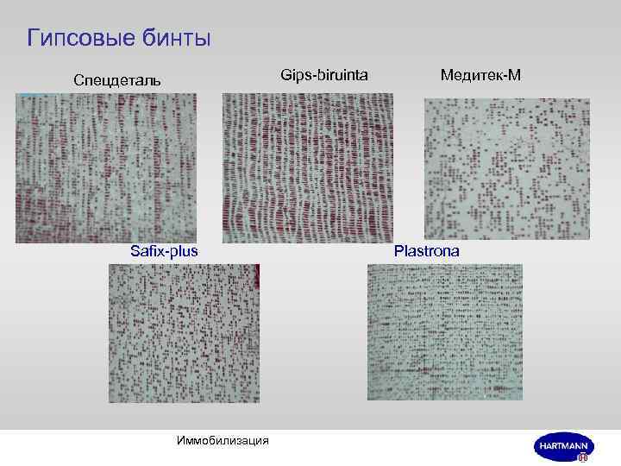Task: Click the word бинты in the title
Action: [179, 39]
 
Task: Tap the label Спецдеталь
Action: [116, 80]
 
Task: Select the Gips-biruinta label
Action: [324, 76]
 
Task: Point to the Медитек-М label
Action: [480, 75]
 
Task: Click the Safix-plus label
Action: [164, 251]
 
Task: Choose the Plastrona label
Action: [427, 251]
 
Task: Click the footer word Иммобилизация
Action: [222, 441]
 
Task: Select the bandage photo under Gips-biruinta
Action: [309, 167]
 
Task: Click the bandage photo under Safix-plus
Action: [184, 332]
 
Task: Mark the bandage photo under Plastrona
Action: [445, 332]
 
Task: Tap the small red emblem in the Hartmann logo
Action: [583, 458]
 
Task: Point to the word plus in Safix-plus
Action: [184, 251]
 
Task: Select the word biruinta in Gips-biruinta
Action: [341, 76]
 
